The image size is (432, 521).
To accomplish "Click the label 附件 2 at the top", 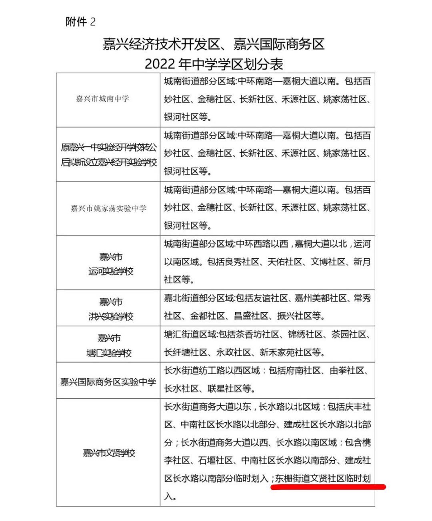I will coord(80,22).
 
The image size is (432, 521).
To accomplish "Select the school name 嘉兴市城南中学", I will coord(102,99).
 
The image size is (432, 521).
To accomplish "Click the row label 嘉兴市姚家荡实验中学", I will coord(108,208).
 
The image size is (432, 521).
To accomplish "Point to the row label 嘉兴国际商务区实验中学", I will coord(108,382).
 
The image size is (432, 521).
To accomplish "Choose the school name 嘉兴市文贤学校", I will coord(109,453).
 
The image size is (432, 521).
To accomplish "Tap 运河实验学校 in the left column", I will coord(111,271).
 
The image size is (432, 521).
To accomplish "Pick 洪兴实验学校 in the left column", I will coord(111,317).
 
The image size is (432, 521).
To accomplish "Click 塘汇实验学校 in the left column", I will coord(109,353).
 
